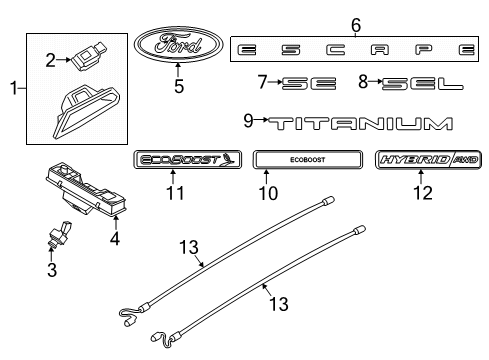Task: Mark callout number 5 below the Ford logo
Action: point(178,86)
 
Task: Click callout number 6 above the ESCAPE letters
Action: point(356,24)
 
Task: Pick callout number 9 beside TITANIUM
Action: point(248,122)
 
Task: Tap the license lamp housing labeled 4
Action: point(89,190)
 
